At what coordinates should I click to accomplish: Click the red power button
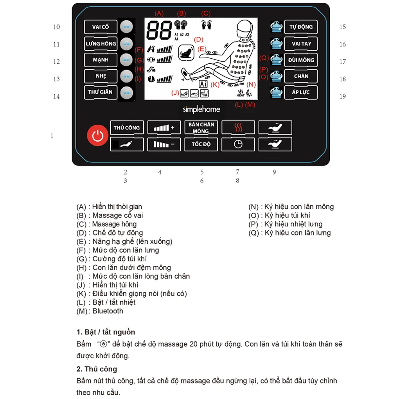[97, 136]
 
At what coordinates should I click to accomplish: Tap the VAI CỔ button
[101, 27]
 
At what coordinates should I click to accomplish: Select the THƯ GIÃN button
[100, 92]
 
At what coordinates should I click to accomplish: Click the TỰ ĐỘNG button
[301, 27]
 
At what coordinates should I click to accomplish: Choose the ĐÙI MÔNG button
[301, 60]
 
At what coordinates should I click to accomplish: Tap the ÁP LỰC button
[301, 92]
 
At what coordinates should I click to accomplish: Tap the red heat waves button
[238, 128]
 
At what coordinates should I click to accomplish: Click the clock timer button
[238, 144]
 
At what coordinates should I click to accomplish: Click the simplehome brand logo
[201, 110]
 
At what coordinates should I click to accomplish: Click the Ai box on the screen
[203, 84]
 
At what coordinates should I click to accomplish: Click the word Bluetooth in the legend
[108, 311]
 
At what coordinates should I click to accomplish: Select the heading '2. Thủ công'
[97, 369]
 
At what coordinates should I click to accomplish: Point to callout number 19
[343, 96]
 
